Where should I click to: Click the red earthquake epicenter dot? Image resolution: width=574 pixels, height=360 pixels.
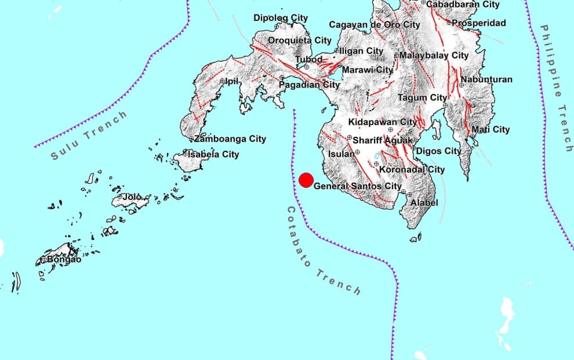[306, 180]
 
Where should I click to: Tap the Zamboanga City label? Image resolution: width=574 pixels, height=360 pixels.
[230, 139]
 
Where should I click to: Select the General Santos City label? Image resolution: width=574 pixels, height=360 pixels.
[358, 186]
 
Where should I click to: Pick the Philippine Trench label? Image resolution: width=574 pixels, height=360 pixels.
[556, 88]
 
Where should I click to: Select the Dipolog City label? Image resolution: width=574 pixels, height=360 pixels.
[281, 18]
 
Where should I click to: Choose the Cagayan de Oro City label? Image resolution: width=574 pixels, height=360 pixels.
[375, 25]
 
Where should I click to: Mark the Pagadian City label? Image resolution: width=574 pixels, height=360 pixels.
[310, 85]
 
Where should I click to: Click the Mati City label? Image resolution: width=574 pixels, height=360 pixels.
[491, 130]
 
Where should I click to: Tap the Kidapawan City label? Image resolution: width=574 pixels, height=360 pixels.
[383, 122]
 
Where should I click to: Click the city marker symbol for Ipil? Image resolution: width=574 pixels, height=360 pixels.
[223, 82]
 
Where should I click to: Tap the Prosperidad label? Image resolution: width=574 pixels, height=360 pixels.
[479, 23]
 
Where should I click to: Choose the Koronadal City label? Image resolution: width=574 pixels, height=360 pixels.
[412, 169]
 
